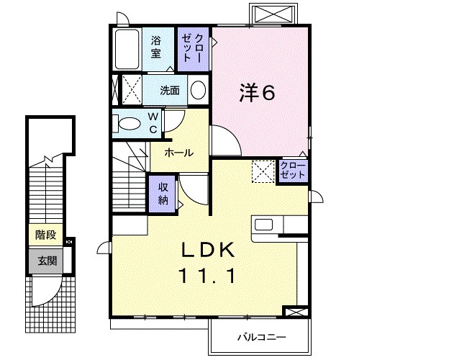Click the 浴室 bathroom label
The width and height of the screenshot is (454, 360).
[x=156, y=47]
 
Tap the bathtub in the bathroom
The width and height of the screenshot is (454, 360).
[x=127, y=49]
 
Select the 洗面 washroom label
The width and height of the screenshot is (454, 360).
[x=170, y=91]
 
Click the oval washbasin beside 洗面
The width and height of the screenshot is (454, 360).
[x=199, y=90]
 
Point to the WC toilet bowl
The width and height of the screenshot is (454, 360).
[x=129, y=123]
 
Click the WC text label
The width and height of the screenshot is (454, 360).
[x=153, y=123]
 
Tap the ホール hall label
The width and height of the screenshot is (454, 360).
[x=179, y=153]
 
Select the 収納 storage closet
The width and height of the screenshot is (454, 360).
[x=163, y=194]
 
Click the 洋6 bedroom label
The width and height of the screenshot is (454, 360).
[x=257, y=92]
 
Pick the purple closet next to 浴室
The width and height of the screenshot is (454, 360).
[x=193, y=49]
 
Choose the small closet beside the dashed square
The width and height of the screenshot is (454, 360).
[x=292, y=171]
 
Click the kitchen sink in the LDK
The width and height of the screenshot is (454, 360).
[x=263, y=225]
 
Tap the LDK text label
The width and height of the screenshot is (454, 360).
[x=208, y=250]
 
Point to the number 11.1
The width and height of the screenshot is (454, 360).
[x=208, y=276]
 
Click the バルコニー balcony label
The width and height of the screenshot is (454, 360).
[x=262, y=337]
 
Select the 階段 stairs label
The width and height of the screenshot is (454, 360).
[x=46, y=235]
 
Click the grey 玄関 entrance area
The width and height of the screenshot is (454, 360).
[x=46, y=261]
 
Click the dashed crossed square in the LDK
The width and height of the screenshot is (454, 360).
[x=263, y=171]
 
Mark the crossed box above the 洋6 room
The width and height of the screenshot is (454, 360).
[x=273, y=14]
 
